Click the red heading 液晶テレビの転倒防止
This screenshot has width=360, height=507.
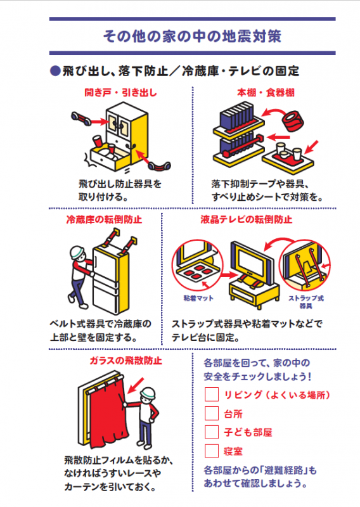255,220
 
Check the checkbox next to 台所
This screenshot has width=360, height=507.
212,413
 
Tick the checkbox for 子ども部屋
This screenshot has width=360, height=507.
212,432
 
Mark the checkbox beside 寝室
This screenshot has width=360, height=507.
212,451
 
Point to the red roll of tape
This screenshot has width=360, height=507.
295,120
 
